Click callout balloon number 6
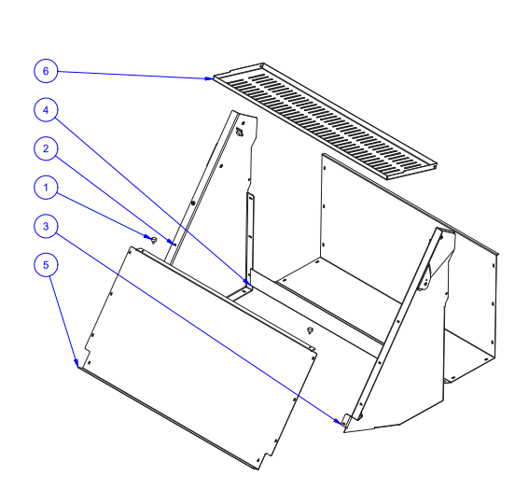[x=46, y=71]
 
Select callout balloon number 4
[x=46, y=110]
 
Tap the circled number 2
[x=46, y=148]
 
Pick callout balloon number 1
[x=46, y=188]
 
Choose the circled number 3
[x=46, y=226]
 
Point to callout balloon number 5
[x=46, y=265]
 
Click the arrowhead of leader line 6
[x=209, y=78]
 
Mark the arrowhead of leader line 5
[x=77, y=363]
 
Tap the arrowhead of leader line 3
[x=338, y=422]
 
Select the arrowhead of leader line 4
[x=246, y=282]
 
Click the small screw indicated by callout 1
[x=153, y=240]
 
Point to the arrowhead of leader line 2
[x=172, y=243]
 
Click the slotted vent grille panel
[x=326, y=121]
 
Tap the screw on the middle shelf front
[x=309, y=329]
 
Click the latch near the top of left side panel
[x=240, y=133]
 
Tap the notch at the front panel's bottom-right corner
[x=267, y=457]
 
